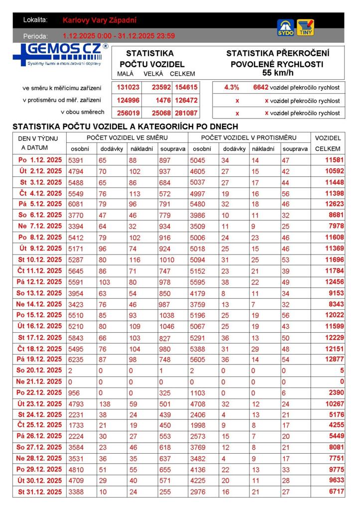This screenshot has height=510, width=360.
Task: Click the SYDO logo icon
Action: (x=285, y=27)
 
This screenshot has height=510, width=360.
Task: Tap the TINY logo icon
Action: (x=305, y=27)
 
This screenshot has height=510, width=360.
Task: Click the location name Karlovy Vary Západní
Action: (x=100, y=20)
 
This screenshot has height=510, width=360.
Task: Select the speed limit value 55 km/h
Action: (x=277, y=73)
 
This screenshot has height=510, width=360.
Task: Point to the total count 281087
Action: (x=186, y=113)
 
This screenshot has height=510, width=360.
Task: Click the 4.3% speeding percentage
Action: (x=232, y=88)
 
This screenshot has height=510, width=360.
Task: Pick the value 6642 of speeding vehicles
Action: (x=260, y=88)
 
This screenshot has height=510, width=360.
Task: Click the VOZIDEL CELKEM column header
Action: (x=328, y=143)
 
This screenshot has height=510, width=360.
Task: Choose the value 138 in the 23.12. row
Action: (x=106, y=404)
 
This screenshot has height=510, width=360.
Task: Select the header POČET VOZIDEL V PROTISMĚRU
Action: (x=249, y=137)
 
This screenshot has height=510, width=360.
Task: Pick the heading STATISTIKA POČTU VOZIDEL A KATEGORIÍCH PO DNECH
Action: (x=125, y=127)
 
